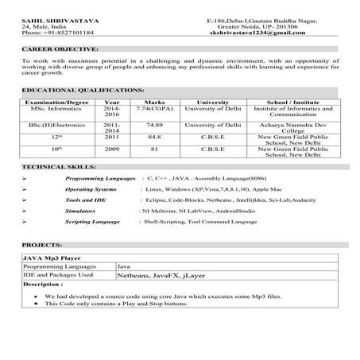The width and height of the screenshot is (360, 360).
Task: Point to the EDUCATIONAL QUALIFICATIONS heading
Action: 83,91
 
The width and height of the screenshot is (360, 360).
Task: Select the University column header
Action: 212,103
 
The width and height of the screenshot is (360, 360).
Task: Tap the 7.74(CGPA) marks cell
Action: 155,110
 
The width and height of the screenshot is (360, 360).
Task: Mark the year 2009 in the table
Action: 112,149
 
